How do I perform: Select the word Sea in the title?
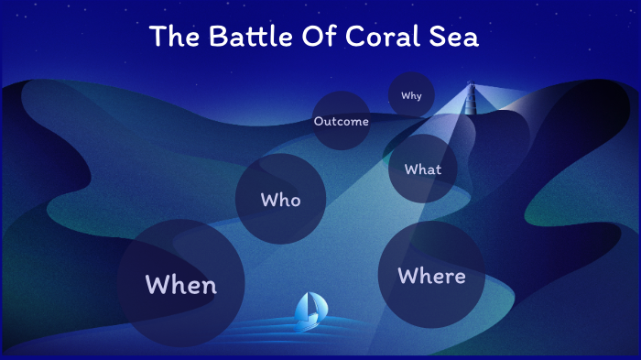click(x=459, y=38)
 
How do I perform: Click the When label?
click(x=181, y=285)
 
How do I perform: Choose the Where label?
click(x=431, y=276)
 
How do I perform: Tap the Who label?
click(x=280, y=200)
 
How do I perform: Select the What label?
click(x=423, y=169)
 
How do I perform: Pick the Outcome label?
click(x=341, y=121)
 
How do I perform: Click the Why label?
click(x=411, y=95)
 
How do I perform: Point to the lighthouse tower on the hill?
click(x=472, y=97)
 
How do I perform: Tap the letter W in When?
click(x=158, y=285)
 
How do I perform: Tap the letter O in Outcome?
click(x=318, y=121)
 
